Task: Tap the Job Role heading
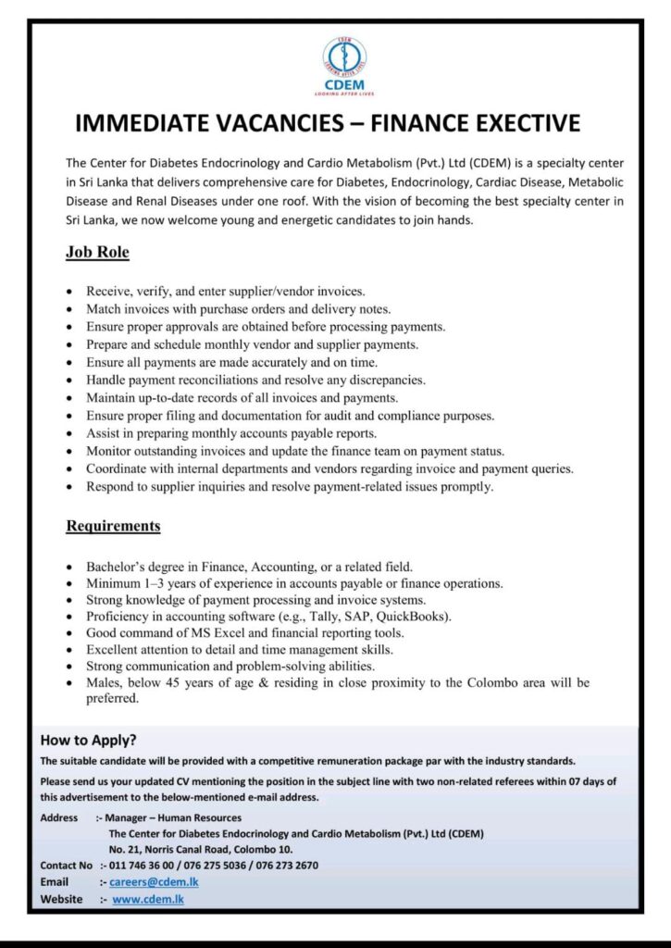[97, 252]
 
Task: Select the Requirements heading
[113, 526]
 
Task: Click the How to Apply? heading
[89, 740]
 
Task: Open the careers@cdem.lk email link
[154, 882]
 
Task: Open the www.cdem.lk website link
[148, 899]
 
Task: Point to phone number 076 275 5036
[218, 866]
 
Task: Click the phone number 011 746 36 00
[144, 866]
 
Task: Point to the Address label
[59, 817]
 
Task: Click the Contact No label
[67, 866]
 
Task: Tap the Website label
[61, 899]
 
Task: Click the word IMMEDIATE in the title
[156, 123]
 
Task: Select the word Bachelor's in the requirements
[118, 566]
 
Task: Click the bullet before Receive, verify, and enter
[69, 293]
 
